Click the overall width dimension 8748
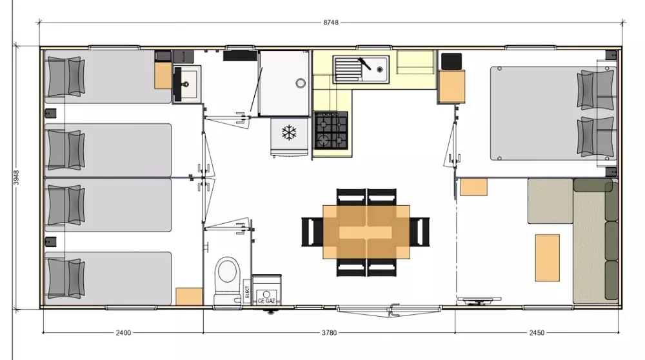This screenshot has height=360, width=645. (x=331, y=22)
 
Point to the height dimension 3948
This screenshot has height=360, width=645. (x=16, y=177)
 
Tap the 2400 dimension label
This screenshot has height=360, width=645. (x=123, y=332)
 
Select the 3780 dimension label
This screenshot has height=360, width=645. (x=329, y=332)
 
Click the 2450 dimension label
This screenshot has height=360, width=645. (x=537, y=332)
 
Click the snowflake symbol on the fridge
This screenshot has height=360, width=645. (x=289, y=132)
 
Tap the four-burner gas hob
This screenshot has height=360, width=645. (x=331, y=130)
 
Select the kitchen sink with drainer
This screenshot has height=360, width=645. (x=361, y=69)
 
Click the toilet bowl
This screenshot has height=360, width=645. (x=228, y=280)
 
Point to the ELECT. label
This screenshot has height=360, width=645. (x=247, y=291)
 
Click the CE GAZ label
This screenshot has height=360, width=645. (x=266, y=301)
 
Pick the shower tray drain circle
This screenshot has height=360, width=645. (x=301, y=83)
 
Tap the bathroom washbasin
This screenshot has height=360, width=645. (x=187, y=85)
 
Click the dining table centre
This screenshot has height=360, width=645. (x=366, y=232)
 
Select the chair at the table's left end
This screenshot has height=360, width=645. (x=312, y=232)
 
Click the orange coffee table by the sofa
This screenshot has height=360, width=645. (x=547, y=258)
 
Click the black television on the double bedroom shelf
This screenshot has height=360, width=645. (x=451, y=61)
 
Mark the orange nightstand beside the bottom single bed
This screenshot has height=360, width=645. (x=189, y=296)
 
